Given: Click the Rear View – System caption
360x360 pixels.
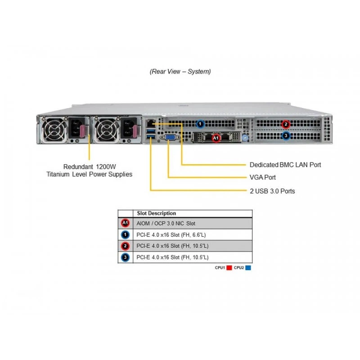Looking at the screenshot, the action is [x=180, y=72].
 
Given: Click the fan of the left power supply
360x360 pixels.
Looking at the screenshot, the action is [x=54, y=129].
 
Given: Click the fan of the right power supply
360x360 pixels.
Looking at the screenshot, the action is [x=106, y=129].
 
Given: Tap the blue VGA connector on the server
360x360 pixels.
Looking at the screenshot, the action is [x=170, y=138].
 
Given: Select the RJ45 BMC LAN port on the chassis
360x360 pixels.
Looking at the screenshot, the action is [x=150, y=123].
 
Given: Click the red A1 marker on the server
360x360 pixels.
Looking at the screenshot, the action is [x=216, y=138].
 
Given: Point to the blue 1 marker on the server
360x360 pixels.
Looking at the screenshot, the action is [x=200, y=124].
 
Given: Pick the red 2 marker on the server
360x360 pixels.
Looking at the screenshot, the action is [x=286, y=124].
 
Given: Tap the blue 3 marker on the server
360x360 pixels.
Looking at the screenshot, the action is [x=286, y=136].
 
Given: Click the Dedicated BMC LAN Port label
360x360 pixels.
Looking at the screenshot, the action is [x=285, y=165].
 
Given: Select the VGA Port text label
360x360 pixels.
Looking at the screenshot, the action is [x=263, y=177].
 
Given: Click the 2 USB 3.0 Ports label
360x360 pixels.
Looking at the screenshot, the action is [x=272, y=191].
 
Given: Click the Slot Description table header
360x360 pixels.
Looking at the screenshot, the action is [x=156, y=213].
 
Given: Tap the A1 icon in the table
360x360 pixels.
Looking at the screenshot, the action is [x=125, y=223].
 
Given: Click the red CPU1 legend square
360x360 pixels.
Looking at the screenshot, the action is [x=229, y=268].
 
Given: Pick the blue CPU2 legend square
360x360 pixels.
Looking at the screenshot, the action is [x=248, y=268].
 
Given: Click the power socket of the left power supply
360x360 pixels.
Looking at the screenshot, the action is [x=75, y=128].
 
